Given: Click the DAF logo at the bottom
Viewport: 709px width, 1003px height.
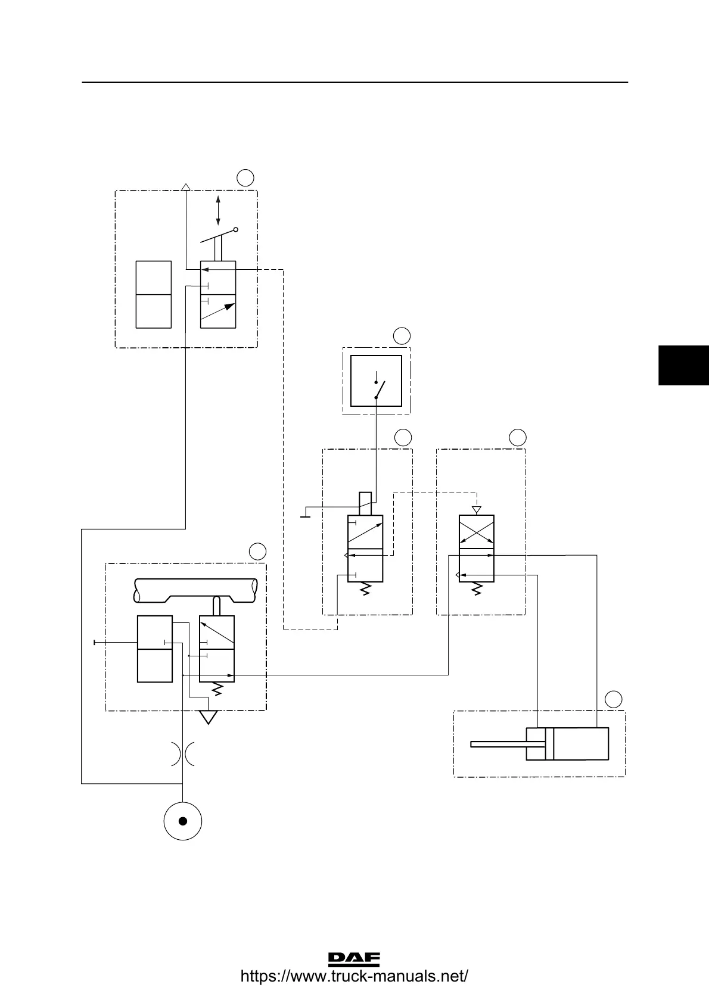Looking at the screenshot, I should (x=354, y=958).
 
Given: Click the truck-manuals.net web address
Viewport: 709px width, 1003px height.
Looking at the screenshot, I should (x=354, y=977).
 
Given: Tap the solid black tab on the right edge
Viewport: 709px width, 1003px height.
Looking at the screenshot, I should (x=683, y=365).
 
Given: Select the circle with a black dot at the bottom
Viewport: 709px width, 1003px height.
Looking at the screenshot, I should (x=183, y=821).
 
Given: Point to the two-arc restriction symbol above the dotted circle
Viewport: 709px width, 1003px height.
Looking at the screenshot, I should (x=182, y=753).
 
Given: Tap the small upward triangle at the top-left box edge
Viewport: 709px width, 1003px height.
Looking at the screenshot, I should (x=185, y=187).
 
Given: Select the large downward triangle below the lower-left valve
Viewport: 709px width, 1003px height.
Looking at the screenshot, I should (x=208, y=717).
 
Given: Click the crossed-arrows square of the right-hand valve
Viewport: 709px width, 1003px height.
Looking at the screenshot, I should (x=477, y=532).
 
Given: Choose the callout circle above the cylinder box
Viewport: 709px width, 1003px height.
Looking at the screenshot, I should (x=613, y=699).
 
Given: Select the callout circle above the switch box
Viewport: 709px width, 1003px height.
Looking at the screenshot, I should (x=402, y=335).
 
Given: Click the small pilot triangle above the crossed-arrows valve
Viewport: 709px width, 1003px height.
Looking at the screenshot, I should (x=476, y=510).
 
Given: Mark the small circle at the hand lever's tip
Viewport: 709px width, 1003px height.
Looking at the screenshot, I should (x=236, y=229).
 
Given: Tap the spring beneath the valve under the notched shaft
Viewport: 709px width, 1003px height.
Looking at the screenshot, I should (x=217, y=689).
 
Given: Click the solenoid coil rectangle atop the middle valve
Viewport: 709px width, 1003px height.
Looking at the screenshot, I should (x=365, y=503).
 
